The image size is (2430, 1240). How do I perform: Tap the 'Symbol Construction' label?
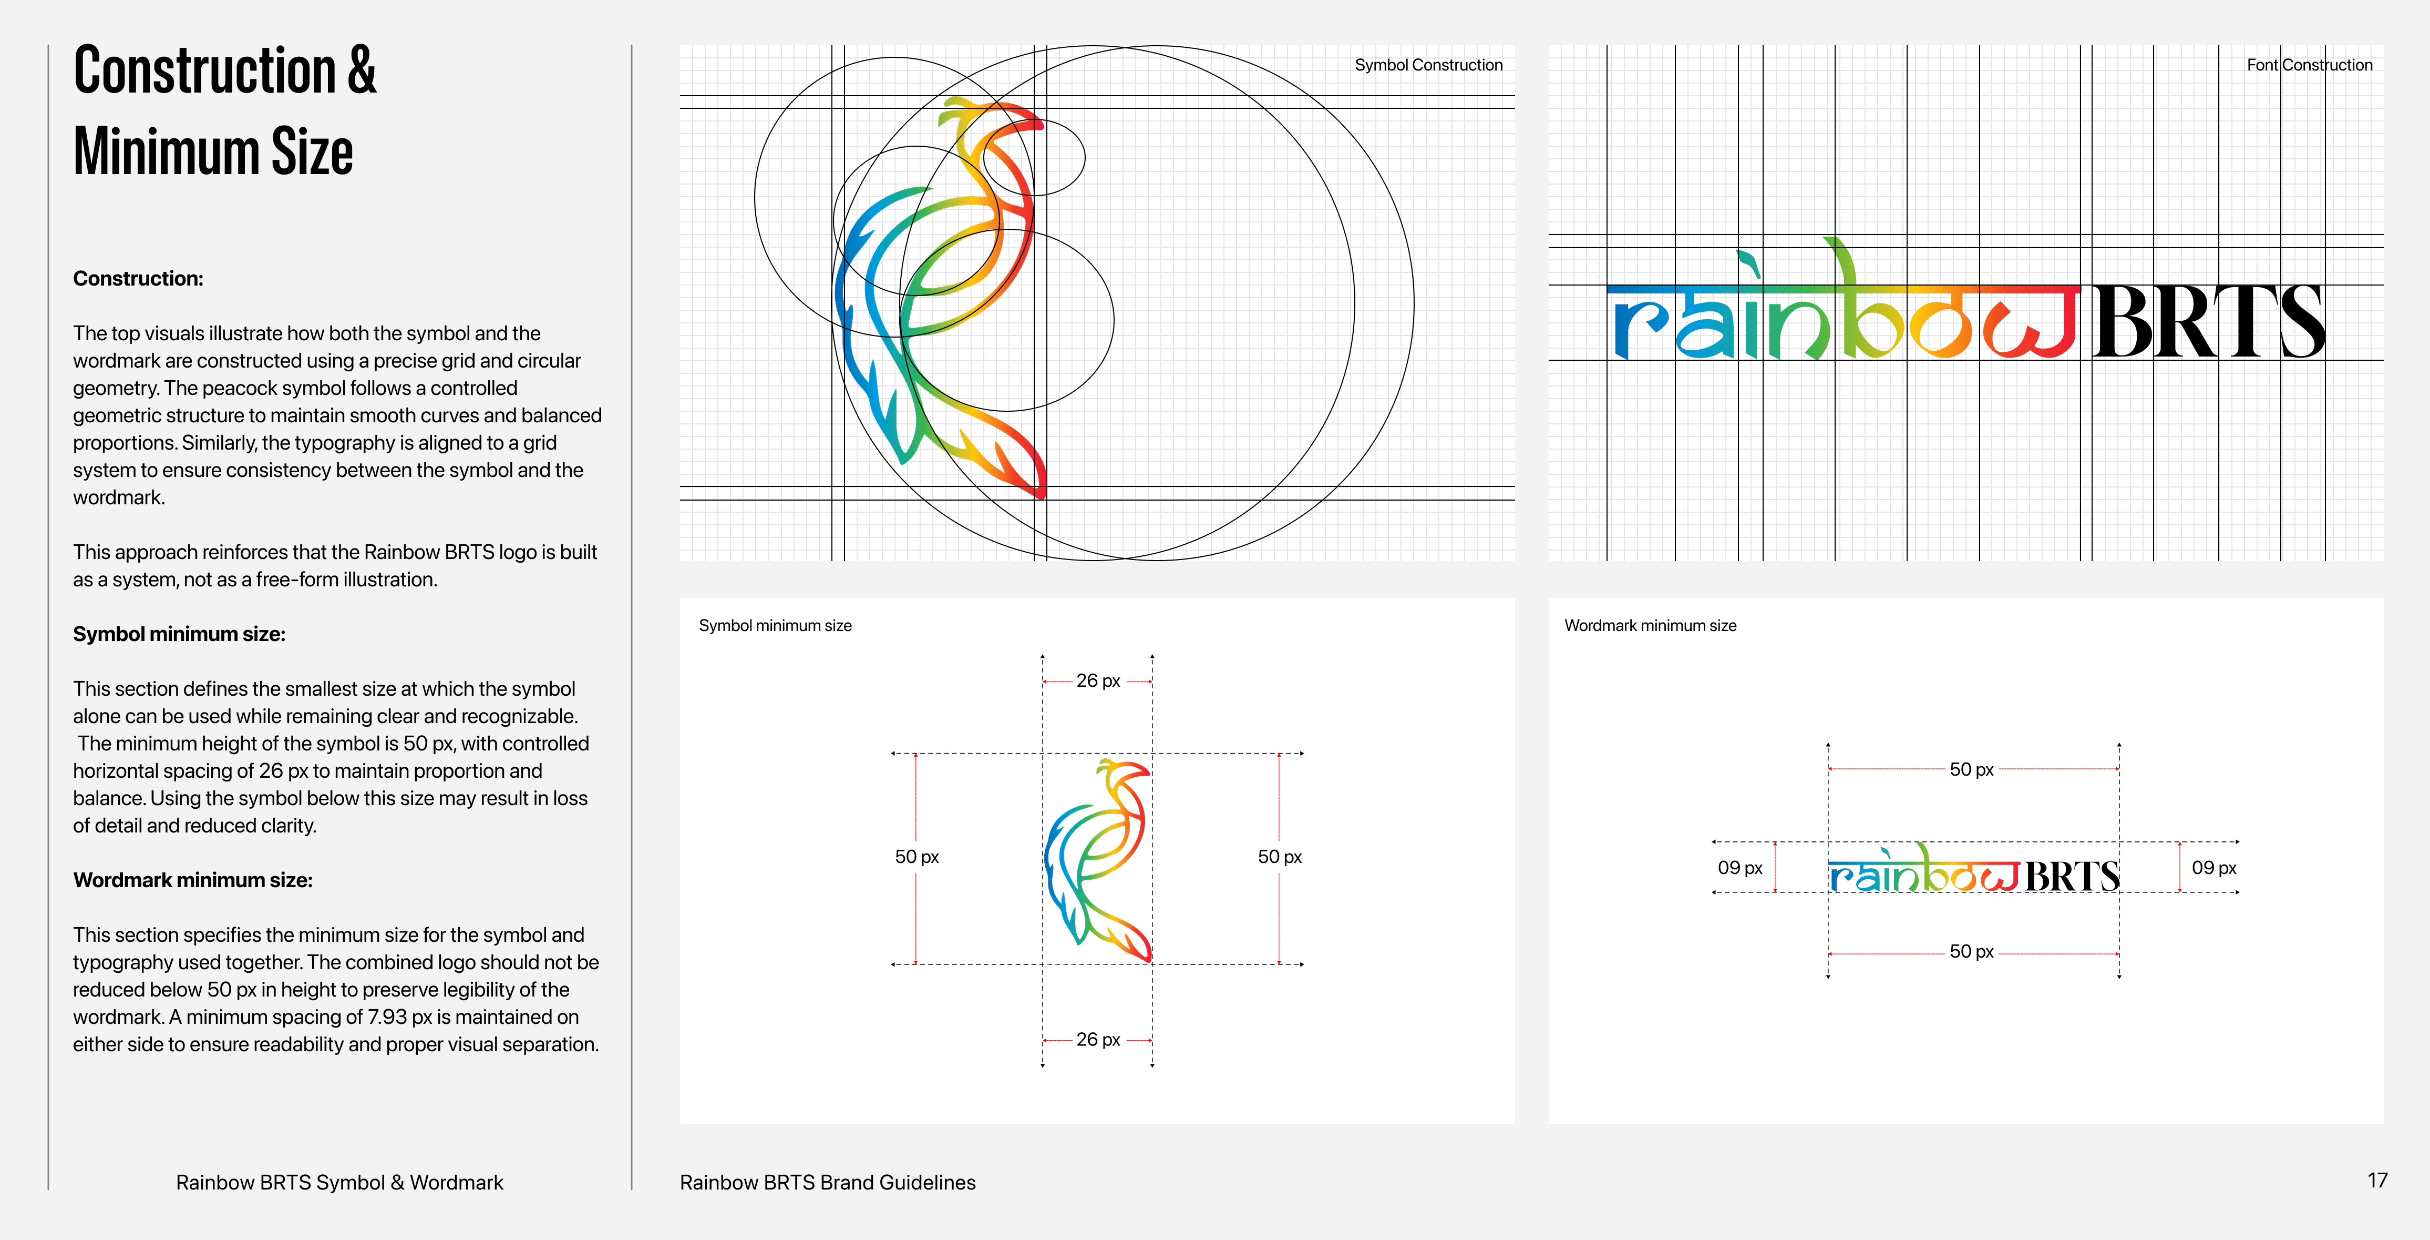(x=1428, y=65)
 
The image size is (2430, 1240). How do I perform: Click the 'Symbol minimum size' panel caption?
(x=775, y=626)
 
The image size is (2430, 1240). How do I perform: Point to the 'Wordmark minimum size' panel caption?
(x=1650, y=626)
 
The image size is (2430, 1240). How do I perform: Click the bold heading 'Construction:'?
(x=138, y=278)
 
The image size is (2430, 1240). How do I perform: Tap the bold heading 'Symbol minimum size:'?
(x=179, y=634)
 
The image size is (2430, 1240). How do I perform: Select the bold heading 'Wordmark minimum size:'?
(x=192, y=880)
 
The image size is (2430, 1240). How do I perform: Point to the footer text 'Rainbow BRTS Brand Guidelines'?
(x=827, y=1183)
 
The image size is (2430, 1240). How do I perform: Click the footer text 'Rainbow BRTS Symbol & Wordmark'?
(x=339, y=1183)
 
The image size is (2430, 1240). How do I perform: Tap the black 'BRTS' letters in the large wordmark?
(x=2207, y=323)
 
